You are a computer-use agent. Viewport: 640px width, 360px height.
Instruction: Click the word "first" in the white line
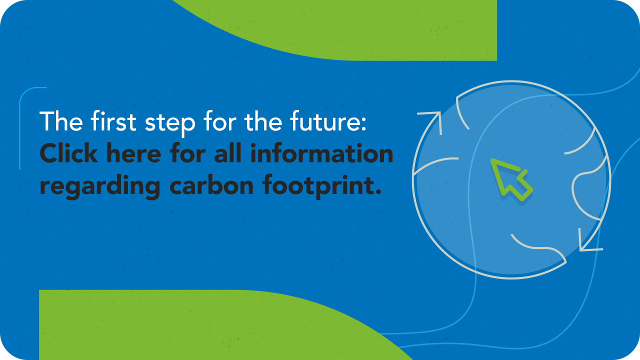(x=113, y=121)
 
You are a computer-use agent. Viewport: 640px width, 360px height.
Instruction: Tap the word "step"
(x=170, y=123)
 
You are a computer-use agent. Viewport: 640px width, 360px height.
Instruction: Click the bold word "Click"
(x=69, y=153)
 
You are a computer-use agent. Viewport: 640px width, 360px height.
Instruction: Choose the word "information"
(x=321, y=153)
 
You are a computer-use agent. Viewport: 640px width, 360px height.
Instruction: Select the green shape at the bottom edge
(x=200, y=325)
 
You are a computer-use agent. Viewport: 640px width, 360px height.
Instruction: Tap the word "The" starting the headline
(x=61, y=121)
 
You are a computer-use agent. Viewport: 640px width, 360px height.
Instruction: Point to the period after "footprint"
(x=378, y=191)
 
